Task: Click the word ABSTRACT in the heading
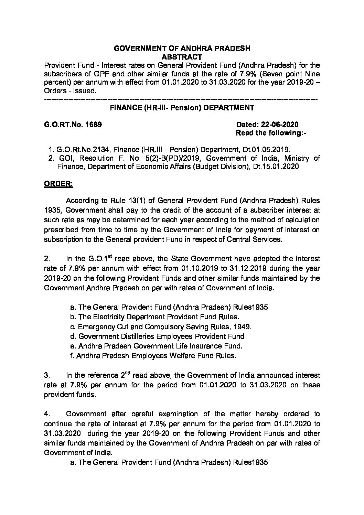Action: coord(182,57)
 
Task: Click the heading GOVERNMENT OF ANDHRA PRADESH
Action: coord(182,49)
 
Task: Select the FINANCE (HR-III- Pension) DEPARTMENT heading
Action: coord(182,108)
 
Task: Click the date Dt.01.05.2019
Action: coord(270,150)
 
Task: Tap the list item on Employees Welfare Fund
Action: coord(153,356)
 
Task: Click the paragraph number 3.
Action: coord(46,375)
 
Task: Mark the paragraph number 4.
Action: coord(46,414)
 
